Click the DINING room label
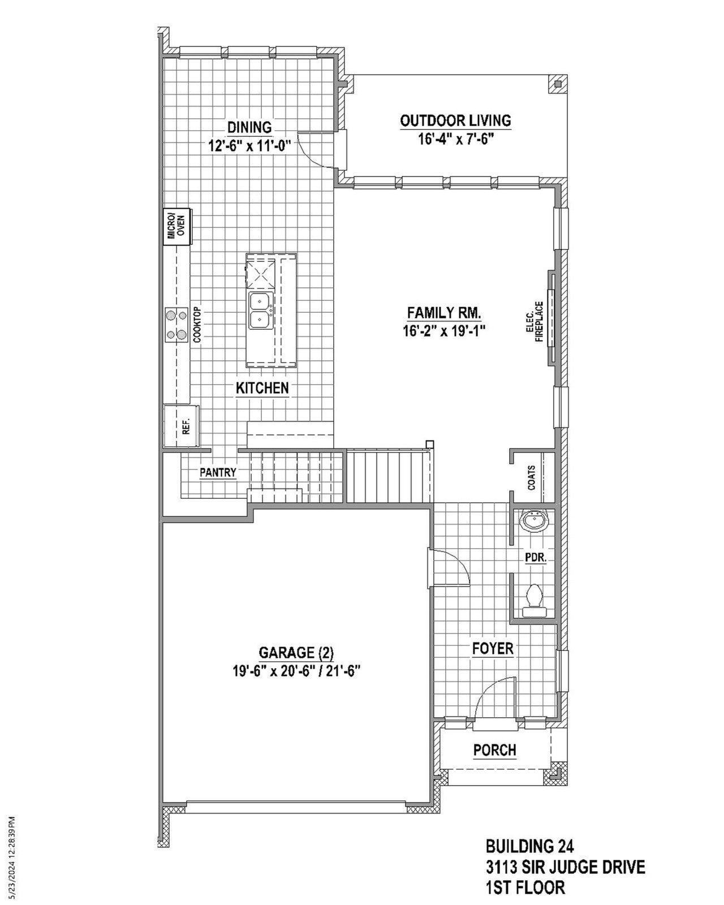249,127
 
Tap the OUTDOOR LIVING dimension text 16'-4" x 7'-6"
456,139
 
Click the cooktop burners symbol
176,324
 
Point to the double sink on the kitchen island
261,311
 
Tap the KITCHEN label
262,388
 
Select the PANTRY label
217,472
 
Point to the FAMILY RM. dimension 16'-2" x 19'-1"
445,331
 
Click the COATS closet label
531,478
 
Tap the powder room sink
532,520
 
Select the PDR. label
535,558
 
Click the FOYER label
493,649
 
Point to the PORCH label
494,750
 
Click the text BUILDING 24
530,847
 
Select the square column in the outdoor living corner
558,84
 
